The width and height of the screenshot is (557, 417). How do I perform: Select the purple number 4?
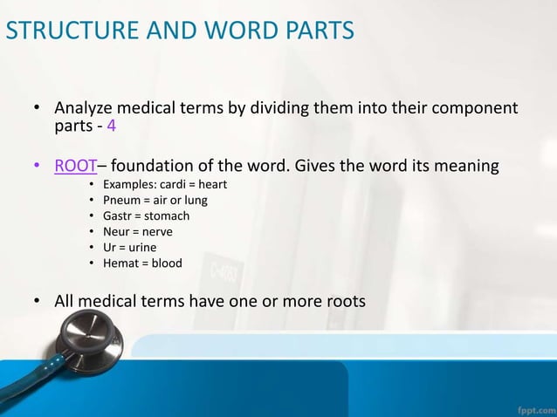[111, 126]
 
